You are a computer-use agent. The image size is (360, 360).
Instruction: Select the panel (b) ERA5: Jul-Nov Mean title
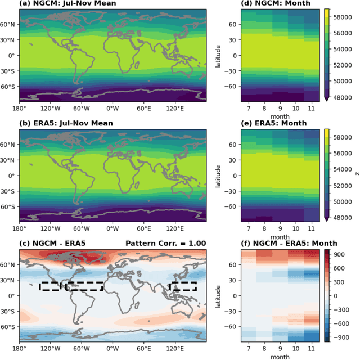[66, 123]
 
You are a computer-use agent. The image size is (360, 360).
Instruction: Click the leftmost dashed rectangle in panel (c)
[50, 286]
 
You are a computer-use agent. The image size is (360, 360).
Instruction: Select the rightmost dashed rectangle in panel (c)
[183, 286]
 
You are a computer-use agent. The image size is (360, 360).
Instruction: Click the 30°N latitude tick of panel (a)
[10, 40]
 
